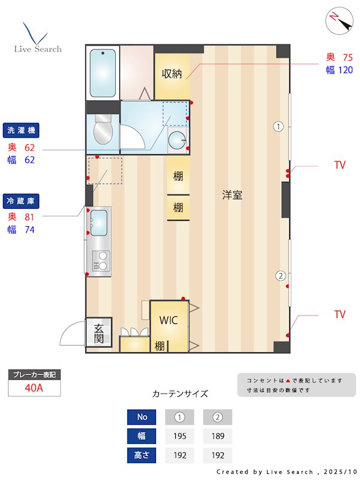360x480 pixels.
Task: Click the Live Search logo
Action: (x=38, y=38)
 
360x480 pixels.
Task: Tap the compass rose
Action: (x=339, y=20)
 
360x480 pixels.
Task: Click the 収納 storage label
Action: (x=172, y=73)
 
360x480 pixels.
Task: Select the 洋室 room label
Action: (x=232, y=194)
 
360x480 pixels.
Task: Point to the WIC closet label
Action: (x=169, y=320)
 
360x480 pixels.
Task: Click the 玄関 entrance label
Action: (x=98, y=333)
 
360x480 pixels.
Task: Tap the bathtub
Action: (x=103, y=73)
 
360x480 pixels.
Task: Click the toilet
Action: (x=103, y=129)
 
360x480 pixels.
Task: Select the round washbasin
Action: (x=177, y=140)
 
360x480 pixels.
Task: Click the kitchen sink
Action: (x=99, y=223)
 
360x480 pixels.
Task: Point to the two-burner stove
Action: (x=101, y=260)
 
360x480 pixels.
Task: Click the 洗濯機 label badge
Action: (x=21, y=130)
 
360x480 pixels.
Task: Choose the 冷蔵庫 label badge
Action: (x=21, y=201)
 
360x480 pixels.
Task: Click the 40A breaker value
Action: (x=34, y=388)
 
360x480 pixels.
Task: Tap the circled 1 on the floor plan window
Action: (x=278, y=127)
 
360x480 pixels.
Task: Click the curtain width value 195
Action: (x=179, y=436)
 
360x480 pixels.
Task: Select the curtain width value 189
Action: (x=218, y=436)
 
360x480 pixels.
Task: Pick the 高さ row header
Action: (x=142, y=455)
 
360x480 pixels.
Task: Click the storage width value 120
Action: (x=346, y=70)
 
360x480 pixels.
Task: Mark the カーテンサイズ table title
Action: (x=180, y=394)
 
